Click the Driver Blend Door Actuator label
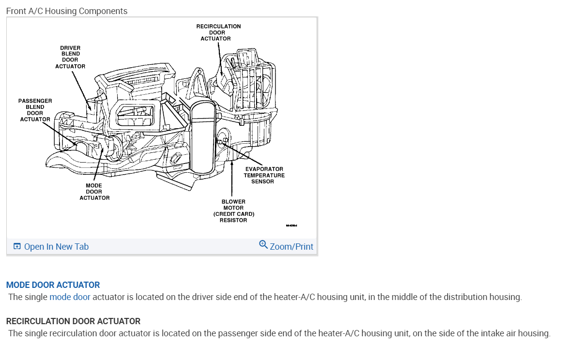(70, 57)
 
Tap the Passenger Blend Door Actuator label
(35, 110)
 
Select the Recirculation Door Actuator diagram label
(218, 32)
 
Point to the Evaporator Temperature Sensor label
(264, 175)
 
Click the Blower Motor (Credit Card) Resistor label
(233, 210)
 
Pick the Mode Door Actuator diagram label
(94, 192)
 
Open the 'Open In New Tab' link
(56, 247)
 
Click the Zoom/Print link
(291, 247)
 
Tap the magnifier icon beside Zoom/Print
(263, 244)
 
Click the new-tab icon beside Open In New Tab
(17, 247)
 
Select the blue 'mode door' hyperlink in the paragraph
(70, 297)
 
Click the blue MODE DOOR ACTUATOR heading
(53, 285)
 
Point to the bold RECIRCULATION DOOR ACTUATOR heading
(73, 321)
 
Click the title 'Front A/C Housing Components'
(67, 11)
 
